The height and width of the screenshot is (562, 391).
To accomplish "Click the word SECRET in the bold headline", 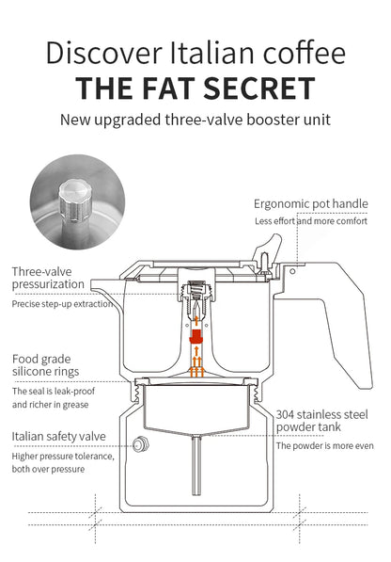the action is [x=259, y=88].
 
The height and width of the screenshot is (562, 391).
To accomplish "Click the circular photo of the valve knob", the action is [x=77, y=201].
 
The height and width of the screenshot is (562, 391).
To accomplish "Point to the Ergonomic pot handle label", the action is [x=311, y=204].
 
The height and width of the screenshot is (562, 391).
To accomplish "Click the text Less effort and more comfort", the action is [x=311, y=221].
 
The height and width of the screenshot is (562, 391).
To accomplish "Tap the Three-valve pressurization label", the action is [x=48, y=278].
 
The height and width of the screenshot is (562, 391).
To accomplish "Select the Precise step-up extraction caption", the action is [x=62, y=304].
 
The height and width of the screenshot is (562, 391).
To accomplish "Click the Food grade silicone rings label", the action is [x=45, y=365].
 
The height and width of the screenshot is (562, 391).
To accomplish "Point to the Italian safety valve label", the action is [x=58, y=436].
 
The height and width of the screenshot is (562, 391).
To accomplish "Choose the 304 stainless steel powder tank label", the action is [x=321, y=421].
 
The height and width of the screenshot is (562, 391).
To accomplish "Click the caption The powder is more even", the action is [x=325, y=446].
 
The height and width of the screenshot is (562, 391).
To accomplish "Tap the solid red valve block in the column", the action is [x=195, y=337].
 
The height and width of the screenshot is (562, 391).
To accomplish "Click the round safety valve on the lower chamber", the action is [x=141, y=444].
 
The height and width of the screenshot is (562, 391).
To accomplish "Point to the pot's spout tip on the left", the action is [x=92, y=284].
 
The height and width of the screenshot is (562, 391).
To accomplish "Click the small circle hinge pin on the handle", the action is [x=292, y=271].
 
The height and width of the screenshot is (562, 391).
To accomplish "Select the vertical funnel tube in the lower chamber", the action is [x=196, y=465].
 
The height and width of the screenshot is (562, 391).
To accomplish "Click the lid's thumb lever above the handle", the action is [x=267, y=248].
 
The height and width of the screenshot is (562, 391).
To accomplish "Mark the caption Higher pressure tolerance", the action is [x=63, y=457].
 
